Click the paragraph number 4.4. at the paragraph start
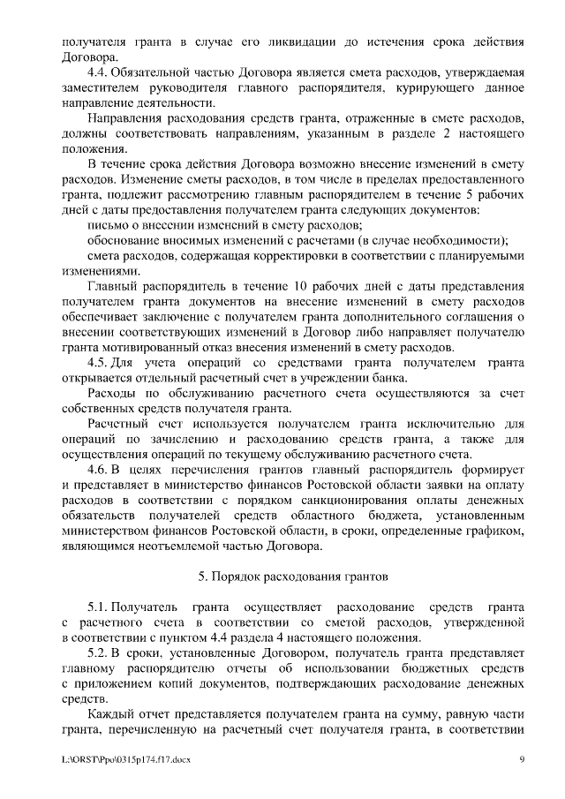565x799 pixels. pos(101,72)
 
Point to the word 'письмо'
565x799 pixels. pos(108,225)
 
